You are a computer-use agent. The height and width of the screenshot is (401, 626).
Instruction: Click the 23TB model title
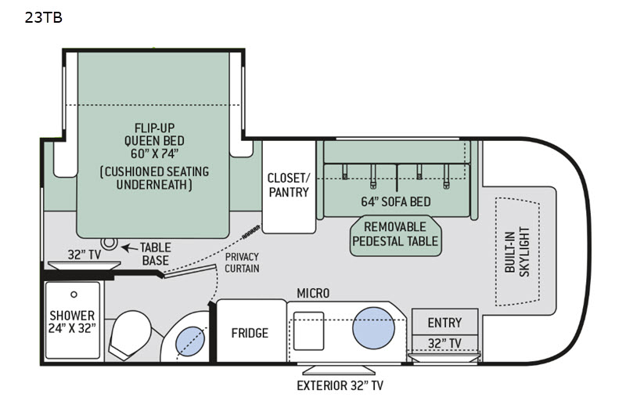[44, 17]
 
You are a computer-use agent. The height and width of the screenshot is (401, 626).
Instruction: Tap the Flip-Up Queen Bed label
[154, 141]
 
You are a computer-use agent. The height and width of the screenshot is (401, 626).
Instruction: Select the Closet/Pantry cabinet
[289, 186]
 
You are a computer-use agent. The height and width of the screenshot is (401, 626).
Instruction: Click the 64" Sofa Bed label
[396, 202]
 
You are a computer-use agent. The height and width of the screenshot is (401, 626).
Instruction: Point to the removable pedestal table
[396, 236]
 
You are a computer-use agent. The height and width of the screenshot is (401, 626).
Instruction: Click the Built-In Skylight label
[517, 252]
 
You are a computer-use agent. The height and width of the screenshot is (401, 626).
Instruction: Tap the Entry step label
[444, 323]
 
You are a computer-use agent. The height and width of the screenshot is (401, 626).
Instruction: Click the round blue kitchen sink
[373, 328]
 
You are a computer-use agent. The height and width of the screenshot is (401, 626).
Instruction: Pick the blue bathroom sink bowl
[190, 341]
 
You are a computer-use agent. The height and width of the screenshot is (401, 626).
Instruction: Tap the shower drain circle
[74, 294]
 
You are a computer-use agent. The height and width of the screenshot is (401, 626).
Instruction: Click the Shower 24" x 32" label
[72, 322]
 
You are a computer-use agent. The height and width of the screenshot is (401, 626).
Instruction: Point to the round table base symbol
[109, 243]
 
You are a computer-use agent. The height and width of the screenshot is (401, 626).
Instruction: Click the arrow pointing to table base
[130, 248]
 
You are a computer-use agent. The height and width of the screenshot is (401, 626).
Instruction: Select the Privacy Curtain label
[242, 262]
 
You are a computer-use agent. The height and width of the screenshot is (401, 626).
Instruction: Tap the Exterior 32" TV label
[340, 385]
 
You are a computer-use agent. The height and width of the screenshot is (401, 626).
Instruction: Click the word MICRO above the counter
[313, 293]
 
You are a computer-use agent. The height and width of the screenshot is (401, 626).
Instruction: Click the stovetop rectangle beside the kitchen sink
[308, 331]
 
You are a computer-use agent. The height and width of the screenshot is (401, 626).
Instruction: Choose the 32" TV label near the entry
[444, 343]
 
